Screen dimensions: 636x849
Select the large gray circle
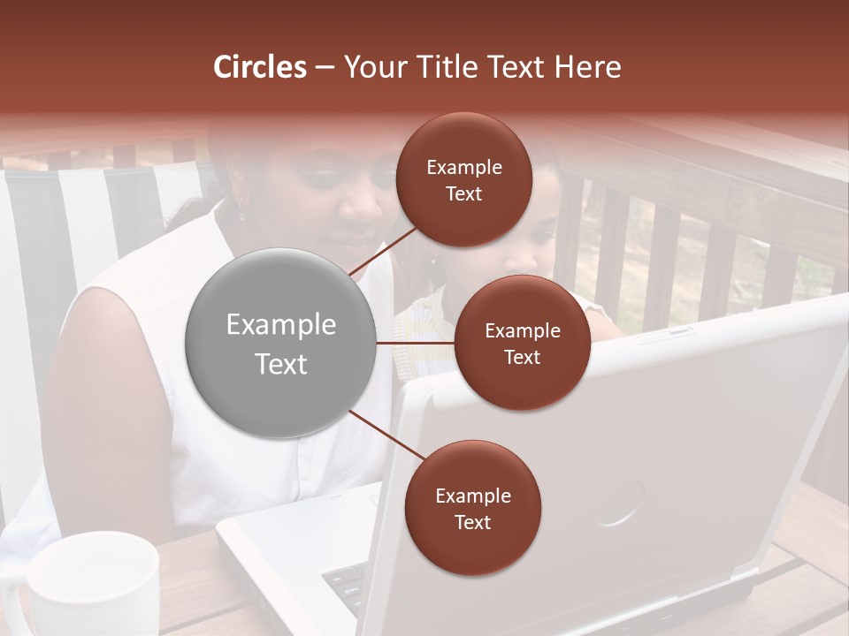[280, 343]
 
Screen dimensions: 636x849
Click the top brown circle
[463, 179]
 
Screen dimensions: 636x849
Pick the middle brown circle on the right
[522, 343]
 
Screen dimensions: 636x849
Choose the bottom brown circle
[472, 508]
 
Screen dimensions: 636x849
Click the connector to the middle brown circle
[416, 343]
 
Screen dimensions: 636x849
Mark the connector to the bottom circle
[386, 435]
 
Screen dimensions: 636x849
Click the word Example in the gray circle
[280, 324]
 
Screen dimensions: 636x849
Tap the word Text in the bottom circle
[472, 522]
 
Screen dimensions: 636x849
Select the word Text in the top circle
[463, 193]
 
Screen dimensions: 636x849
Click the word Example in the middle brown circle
[522, 330]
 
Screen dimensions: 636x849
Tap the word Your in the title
[372, 67]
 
